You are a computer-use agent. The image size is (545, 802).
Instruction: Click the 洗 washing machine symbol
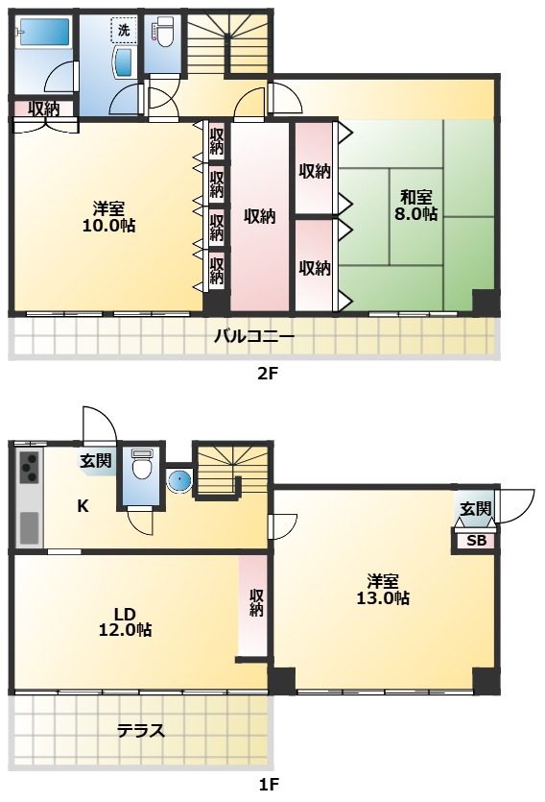pos(124,30)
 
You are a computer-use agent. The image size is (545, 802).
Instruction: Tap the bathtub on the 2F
pos(42,34)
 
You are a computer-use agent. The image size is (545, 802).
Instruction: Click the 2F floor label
pos(267,374)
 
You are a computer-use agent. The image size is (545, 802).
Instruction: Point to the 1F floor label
pos(268,784)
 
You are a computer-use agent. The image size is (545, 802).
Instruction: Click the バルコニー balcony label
pos(254,336)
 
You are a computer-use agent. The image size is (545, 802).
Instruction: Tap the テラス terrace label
pos(141,730)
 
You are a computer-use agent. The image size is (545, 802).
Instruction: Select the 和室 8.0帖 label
pos(415,205)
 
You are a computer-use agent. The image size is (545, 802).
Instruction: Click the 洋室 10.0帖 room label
pos(108,217)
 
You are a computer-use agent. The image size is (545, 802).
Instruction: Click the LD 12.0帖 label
pos(125,621)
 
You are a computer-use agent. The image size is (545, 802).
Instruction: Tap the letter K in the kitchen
pos(83,506)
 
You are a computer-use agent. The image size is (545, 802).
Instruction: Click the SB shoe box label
pos(477,540)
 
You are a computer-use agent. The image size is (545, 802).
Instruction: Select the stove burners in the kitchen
pos(29,468)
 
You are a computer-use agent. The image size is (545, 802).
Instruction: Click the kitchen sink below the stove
pos(29,528)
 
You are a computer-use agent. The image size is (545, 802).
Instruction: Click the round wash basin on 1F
pos(179,480)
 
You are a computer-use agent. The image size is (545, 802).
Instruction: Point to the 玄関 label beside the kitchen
pos(96,460)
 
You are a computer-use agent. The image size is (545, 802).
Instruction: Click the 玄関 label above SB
pos(476,508)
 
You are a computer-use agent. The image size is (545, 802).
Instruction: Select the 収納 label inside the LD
pos(256,602)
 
